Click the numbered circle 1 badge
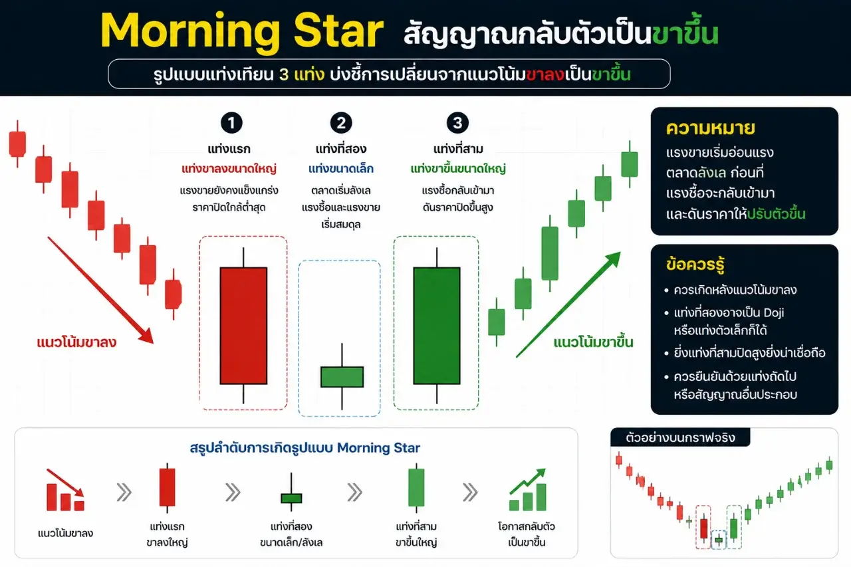click(x=231, y=123)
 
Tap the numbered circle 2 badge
click(x=341, y=123)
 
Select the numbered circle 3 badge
click(x=457, y=123)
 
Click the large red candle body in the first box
click(x=243, y=326)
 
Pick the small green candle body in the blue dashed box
click(x=342, y=377)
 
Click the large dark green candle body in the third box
click(x=437, y=326)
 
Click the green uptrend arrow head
click(x=612, y=259)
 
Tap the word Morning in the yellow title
click(x=190, y=32)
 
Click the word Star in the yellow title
click(x=338, y=31)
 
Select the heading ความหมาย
click(x=711, y=128)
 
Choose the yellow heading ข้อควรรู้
click(x=695, y=265)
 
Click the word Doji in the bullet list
click(x=773, y=312)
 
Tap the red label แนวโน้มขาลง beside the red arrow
click(x=76, y=342)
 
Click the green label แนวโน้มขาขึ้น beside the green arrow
click(x=594, y=342)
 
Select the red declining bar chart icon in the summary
click(x=65, y=491)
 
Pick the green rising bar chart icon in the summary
click(x=528, y=489)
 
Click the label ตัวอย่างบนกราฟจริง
click(x=680, y=438)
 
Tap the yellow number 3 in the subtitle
click(x=284, y=75)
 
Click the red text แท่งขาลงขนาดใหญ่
click(x=229, y=169)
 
